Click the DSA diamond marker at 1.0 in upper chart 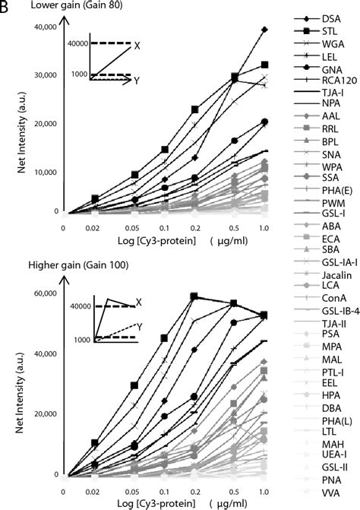264,30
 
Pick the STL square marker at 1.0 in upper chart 264,65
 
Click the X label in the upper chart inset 137,46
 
